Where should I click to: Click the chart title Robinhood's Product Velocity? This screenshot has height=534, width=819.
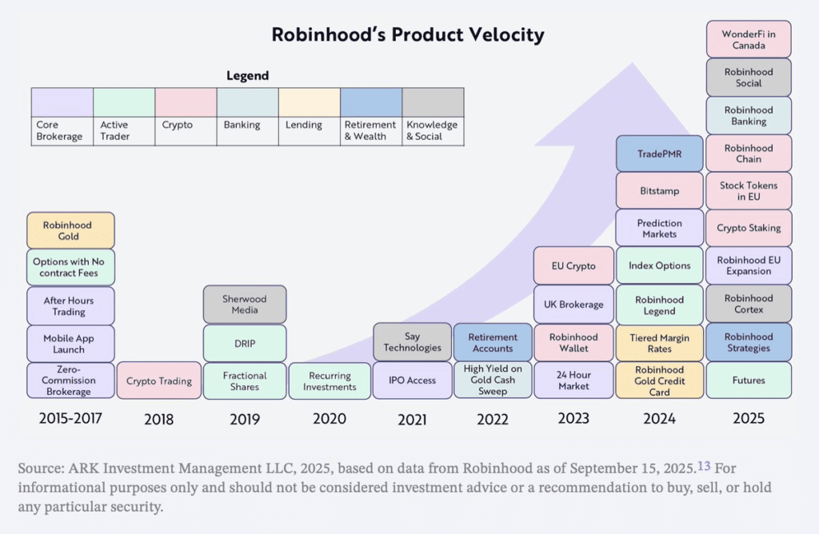[x=408, y=35]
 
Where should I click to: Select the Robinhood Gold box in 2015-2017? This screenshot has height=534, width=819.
[x=70, y=231]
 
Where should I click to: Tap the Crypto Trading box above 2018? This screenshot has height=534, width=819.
[x=159, y=381]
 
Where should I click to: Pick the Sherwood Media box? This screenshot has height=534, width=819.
[x=244, y=305]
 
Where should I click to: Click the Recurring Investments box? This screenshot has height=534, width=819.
[x=330, y=381]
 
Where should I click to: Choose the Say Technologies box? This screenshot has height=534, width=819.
[x=412, y=342]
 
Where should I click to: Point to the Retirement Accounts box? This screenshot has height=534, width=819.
[x=493, y=342]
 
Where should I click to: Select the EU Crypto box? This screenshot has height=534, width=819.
[x=573, y=266]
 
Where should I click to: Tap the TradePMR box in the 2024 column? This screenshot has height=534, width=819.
[x=659, y=153]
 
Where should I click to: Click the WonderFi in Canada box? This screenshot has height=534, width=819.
[x=749, y=40]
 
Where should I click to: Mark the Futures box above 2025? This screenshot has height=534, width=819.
[x=749, y=381]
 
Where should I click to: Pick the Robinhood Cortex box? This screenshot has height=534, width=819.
[x=749, y=304]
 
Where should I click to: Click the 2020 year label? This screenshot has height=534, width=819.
[x=330, y=419]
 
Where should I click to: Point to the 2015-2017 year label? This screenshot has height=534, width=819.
[x=70, y=419]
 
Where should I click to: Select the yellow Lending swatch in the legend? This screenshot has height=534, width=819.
[x=309, y=102]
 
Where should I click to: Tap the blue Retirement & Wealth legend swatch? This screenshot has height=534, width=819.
[x=371, y=102]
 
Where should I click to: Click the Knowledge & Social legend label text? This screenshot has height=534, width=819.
[x=432, y=130]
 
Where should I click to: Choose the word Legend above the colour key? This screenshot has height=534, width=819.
[x=248, y=76]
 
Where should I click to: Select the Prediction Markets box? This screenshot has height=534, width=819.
[x=659, y=229]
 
